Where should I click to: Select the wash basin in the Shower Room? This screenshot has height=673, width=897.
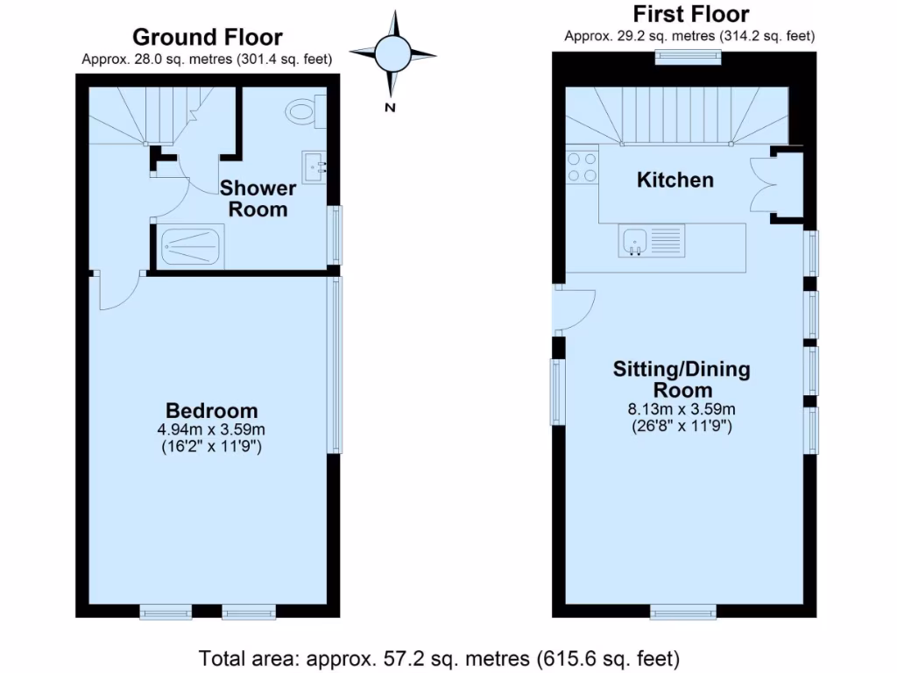314,164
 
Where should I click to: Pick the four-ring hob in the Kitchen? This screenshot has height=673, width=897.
582,166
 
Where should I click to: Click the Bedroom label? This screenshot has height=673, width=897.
212,410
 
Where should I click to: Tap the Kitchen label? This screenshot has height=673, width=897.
675,180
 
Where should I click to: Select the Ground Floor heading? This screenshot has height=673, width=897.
208,37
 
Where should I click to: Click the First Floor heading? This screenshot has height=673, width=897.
690,14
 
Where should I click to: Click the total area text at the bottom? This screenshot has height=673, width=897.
439,657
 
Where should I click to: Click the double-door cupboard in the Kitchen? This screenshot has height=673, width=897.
764,184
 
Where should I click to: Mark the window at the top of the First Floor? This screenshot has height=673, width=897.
689,58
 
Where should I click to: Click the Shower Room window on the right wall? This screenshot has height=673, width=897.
335,234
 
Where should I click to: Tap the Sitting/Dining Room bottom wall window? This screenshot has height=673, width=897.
683,611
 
